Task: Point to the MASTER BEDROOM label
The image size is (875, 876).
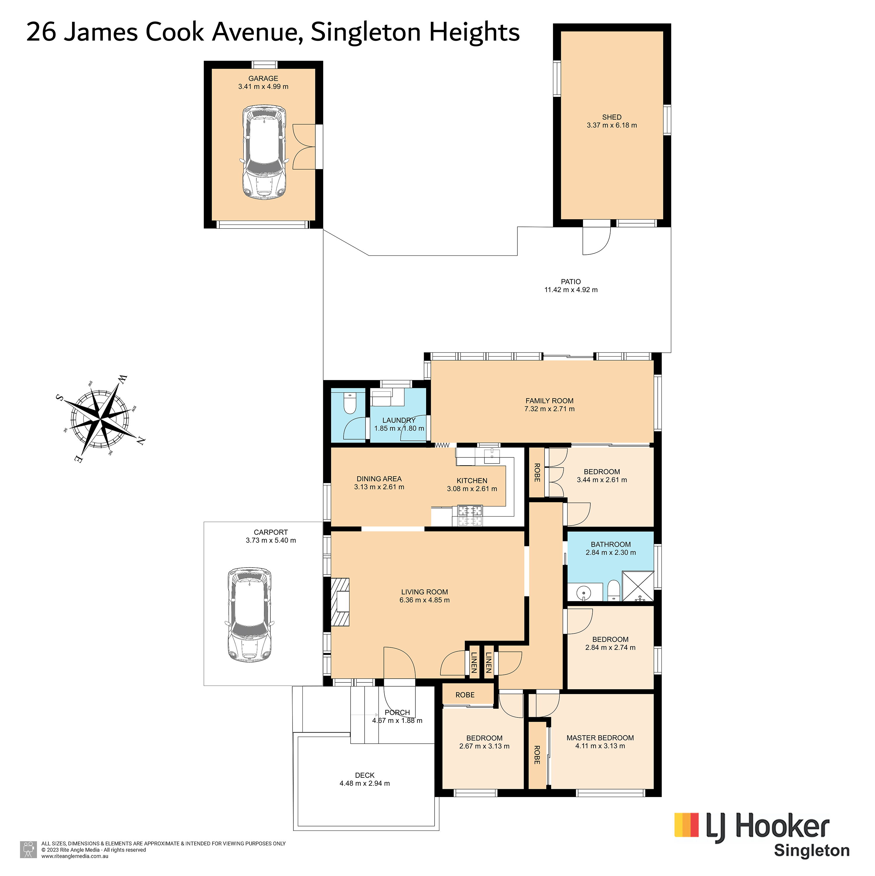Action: (600, 738)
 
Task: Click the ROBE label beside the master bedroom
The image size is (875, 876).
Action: (537, 755)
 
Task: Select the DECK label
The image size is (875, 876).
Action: (365, 775)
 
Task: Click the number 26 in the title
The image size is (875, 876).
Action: (42, 33)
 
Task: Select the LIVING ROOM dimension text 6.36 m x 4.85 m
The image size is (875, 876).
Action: (425, 600)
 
